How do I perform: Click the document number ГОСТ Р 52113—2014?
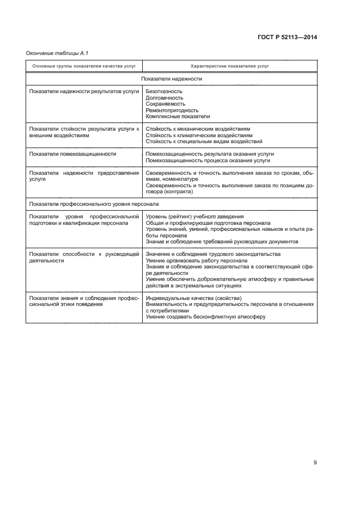click(x=287, y=38)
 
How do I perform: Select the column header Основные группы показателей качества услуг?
click(x=84, y=66)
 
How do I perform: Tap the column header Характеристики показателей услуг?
click(x=230, y=66)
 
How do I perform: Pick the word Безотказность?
click(x=164, y=91)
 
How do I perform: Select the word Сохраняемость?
click(x=166, y=103)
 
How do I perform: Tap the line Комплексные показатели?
click(x=178, y=116)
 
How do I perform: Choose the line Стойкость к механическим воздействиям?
click(x=198, y=129)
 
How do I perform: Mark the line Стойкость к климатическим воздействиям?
click(x=199, y=135)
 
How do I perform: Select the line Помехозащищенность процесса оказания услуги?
click(x=208, y=161)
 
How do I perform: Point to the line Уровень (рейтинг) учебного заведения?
click(x=194, y=217)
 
